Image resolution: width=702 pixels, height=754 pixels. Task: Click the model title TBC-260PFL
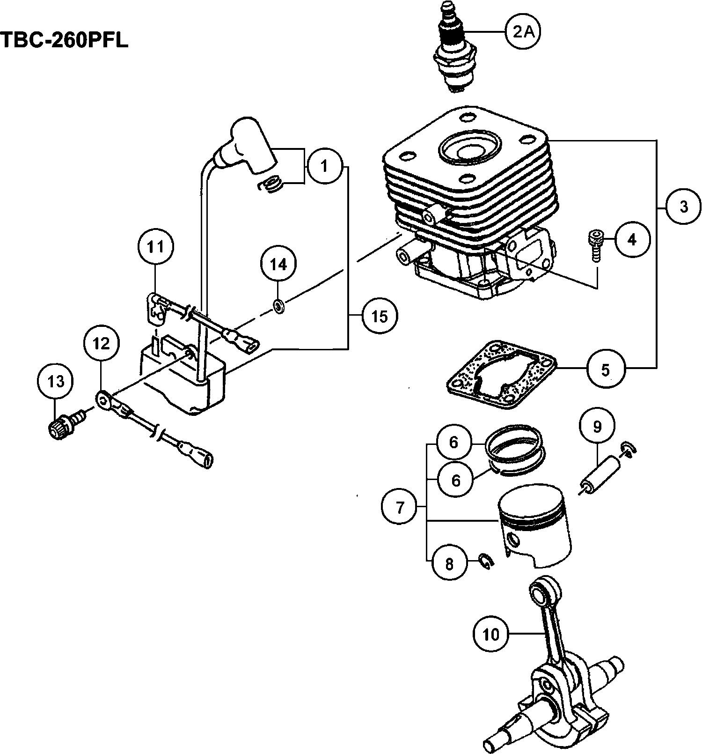click(64, 41)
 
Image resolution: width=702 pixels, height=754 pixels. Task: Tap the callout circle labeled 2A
click(523, 32)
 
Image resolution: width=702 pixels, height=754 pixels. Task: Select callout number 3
click(684, 207)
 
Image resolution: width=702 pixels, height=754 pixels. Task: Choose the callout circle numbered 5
click(605, 370)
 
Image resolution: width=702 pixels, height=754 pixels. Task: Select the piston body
click(534, 527)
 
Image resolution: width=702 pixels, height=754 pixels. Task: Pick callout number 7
click(399, 507)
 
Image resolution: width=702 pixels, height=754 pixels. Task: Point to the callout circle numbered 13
click(56, 382)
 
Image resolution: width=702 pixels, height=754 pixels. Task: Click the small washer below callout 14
click(279, 307)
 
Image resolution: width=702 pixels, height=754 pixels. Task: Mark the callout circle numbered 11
click(156, 246)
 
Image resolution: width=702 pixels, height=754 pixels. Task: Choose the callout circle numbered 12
click(101, 344)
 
